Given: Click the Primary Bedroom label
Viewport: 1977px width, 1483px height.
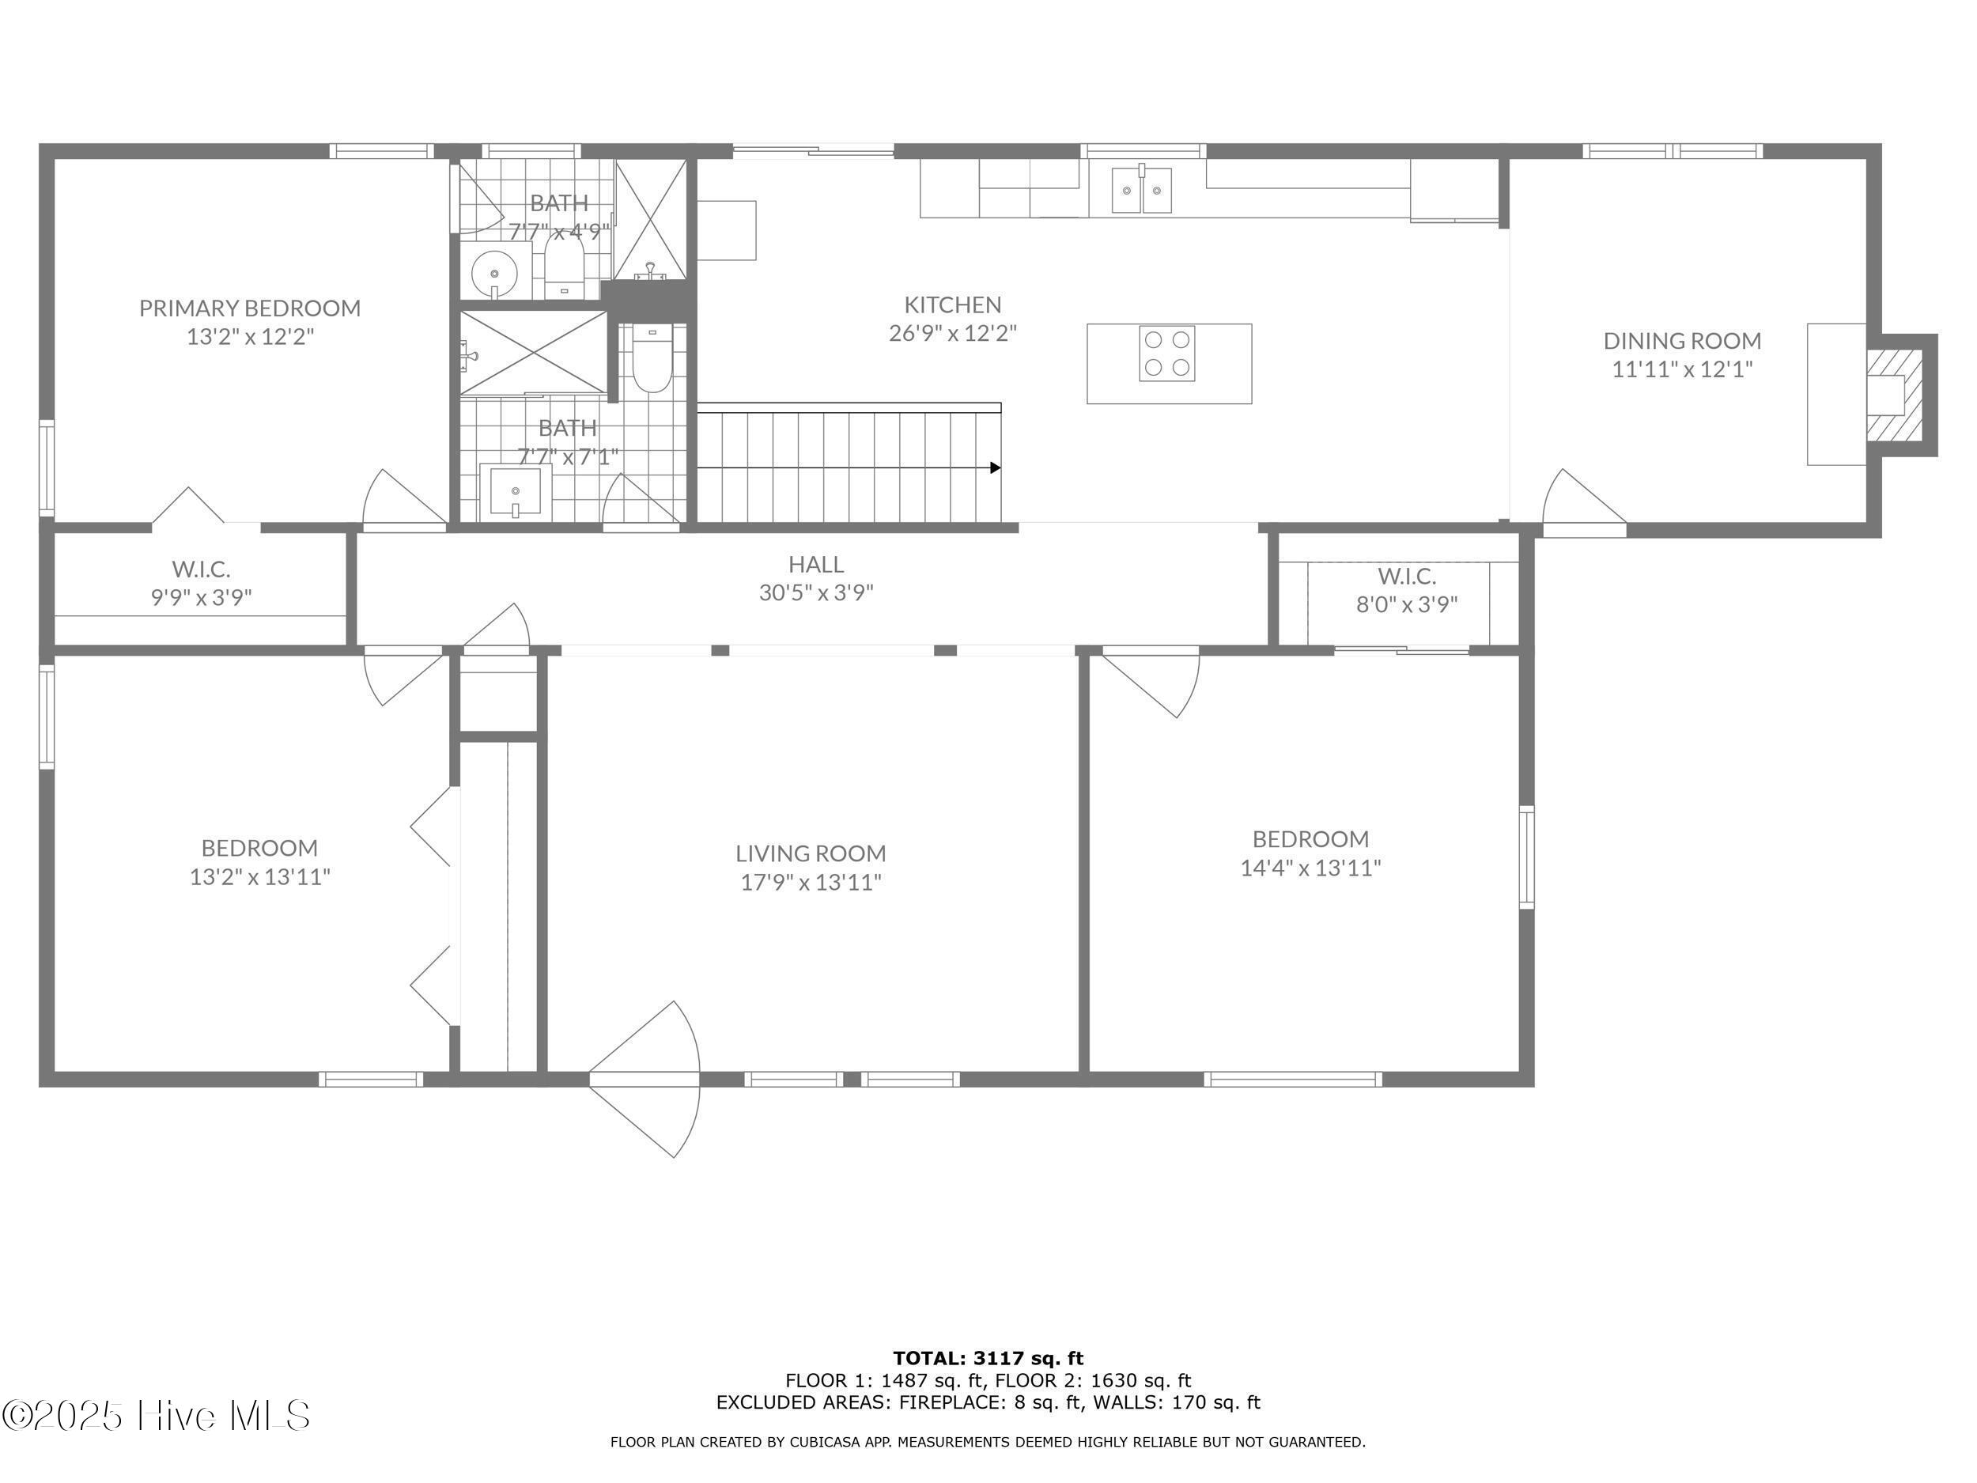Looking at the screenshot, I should pyautogui.click(x=249, y=308).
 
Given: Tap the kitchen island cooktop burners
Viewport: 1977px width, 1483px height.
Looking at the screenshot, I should pyautogui.click(x=1166, y=354).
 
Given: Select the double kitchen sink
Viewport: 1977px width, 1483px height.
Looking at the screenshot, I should pyautogui.click(x=1141, y=191).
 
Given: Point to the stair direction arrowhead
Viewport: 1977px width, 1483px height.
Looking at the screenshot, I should pyautogui.click(x=995, y=467).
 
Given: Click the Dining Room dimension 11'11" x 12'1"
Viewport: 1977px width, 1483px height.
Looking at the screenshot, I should pyautogui.click(x=1681, y=369).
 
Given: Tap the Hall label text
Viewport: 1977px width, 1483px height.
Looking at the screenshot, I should pyautogui.click(x=815, y=564).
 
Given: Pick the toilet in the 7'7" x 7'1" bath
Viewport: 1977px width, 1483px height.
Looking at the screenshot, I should pyautogui.click(x=651, y=362).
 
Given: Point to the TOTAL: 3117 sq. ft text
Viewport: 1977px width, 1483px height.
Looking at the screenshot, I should pyautogui.click(x=988, y=1360).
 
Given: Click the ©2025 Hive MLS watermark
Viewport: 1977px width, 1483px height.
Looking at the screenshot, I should pyautogui.click(x=157, y=1415).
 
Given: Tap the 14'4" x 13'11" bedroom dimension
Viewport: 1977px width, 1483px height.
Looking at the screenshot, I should pyautogui.click(x=1310, y=868).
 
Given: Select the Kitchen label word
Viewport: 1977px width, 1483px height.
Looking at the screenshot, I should pyautogui.click(x=952, y=305).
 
